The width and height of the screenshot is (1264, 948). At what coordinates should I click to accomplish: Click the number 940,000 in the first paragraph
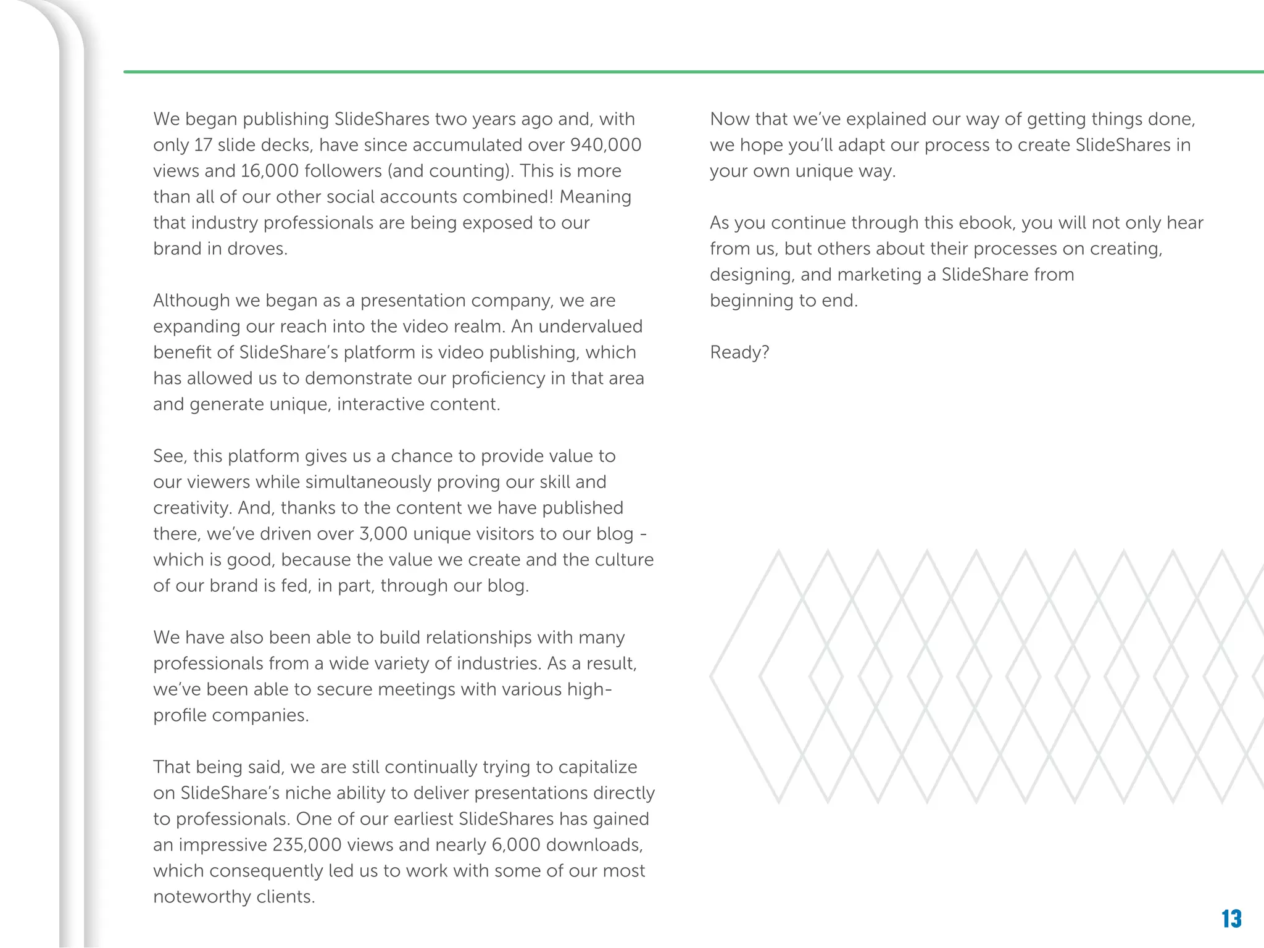pyautogui.click(x=605, y=145)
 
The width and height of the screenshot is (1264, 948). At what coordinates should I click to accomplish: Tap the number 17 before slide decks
pyautogui.click(x=203, y=145)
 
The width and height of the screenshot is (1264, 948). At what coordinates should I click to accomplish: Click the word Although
pyautogui.click(x=192, y=301)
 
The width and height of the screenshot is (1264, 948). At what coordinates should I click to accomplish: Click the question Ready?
pyautogui.click(x=739, y=352)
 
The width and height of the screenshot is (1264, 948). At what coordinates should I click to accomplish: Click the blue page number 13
pyautogui.click(x=1231, y=919)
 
